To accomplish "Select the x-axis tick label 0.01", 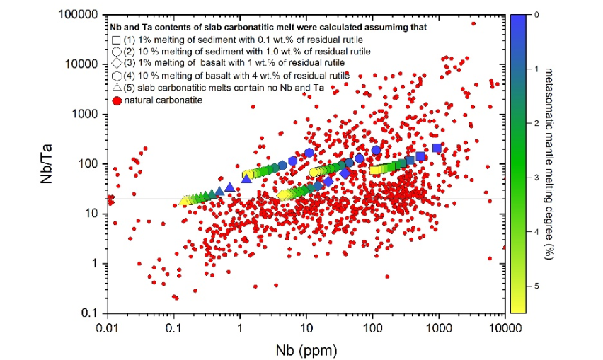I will [108, 326].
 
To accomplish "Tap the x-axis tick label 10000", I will [503, 326].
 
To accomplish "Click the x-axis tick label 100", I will [372, 326].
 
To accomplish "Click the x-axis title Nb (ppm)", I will [306, 349].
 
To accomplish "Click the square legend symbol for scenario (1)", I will [116, 38].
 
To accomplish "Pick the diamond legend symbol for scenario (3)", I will [116, 63].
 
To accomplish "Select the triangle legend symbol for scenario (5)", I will [116, 88].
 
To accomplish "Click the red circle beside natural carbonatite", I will [116, 100].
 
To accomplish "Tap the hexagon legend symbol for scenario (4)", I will [116, 76].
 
